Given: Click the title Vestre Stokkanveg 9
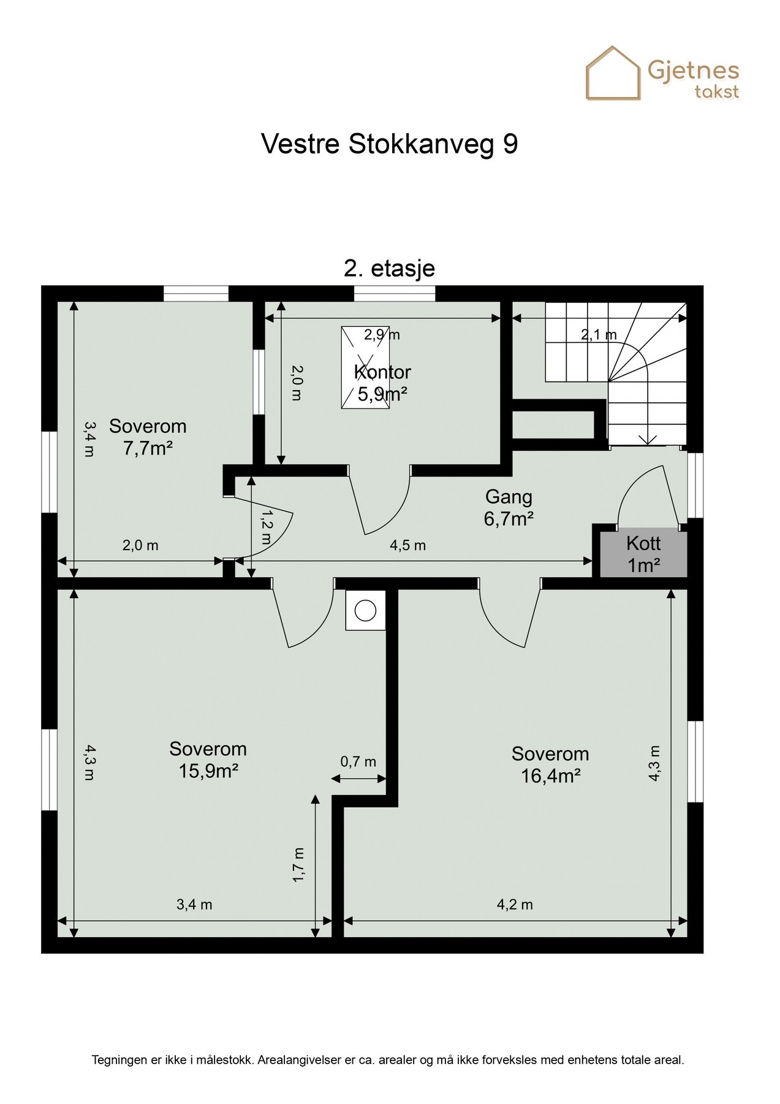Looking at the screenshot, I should tap(389, 145).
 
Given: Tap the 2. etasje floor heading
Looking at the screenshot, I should tap(389, 269).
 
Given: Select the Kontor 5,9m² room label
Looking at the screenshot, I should tap(382, 383).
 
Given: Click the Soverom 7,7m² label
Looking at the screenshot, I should tap(148, 437).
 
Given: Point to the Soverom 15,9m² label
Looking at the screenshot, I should tap(208, 759).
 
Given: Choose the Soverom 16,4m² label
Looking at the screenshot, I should tap(550, 764).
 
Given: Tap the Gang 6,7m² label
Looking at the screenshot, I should tap(509, 507).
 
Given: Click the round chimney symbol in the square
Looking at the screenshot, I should tap(366, 610).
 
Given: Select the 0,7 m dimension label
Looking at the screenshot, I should tap(358, 762).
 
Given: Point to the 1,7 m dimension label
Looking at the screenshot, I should tap(298, 865).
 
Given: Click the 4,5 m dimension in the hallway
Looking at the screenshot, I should tap(408, 545).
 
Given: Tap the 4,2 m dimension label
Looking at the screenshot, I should tap(515, 904).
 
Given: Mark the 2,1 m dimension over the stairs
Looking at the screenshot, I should tap(599, 335).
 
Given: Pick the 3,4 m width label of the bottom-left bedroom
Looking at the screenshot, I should tap(194, 904).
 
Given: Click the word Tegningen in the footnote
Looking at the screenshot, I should tap(121, 1060).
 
